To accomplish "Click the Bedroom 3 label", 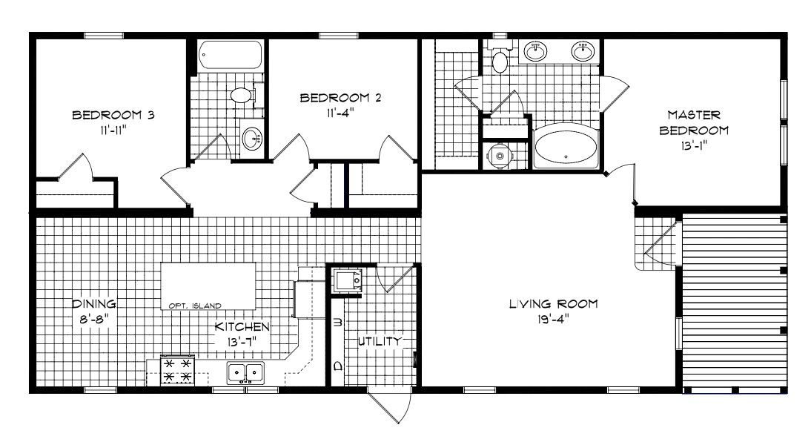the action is (x=113, y=115).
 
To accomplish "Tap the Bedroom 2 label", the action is (x=340, y=97).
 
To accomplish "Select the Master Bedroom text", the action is (x=694, y=122).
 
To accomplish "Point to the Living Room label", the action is (x=554, y=303).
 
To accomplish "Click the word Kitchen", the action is (x=242, y=326).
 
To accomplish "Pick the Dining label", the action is (x=93, y=304).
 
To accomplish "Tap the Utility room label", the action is (x=380, y=341).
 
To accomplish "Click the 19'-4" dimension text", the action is (x=553, y=319).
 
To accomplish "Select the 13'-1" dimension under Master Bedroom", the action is (x=694, y=145).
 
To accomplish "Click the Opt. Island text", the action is (x=195, y=306).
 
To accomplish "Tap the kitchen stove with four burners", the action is (x=178, y=370).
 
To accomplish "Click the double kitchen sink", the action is (x=245, y=372).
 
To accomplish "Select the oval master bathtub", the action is (x=566, y=145).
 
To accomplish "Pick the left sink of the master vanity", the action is (x=536, y=51).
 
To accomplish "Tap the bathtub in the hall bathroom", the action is (x=230, y=55).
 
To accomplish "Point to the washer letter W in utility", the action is (x=339, y=322).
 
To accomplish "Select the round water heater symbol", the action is (x=500, y=155).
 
